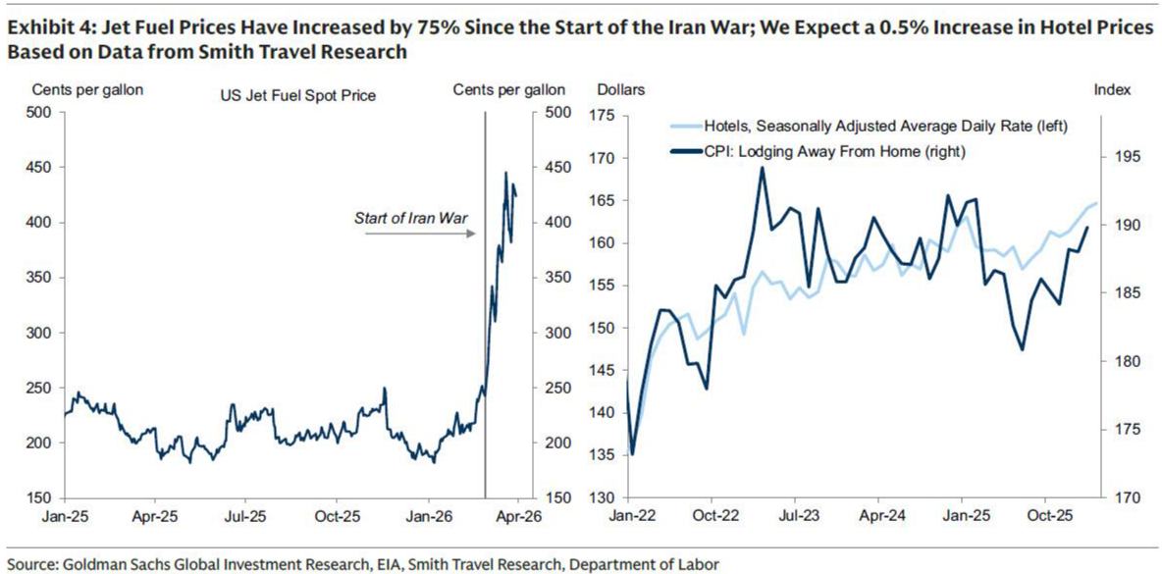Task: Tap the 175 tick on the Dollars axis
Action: [601, 117]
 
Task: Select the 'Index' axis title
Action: [1112, 89]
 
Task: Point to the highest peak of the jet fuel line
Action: [506, 173]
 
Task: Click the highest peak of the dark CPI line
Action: [762, 168]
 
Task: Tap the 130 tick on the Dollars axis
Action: [601, 497]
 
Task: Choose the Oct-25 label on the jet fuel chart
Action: [336, 513]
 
